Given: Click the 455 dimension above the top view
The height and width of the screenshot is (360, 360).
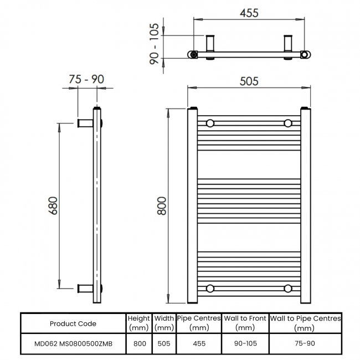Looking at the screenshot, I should tap(249, 12).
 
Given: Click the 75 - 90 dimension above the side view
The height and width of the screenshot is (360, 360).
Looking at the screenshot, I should tap(86, 80).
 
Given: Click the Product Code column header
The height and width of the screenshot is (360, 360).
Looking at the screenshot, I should tap(73, 323).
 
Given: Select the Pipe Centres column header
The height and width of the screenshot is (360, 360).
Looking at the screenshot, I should tap(199, 323).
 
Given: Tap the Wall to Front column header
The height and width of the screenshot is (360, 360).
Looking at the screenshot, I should tap(245, 323).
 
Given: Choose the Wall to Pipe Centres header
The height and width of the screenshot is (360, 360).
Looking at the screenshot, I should tap(305, 323).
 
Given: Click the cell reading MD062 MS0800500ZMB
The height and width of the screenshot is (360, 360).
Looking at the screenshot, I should tap(73, 343).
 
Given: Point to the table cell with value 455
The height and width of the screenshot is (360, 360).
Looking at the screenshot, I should tap(199, 343).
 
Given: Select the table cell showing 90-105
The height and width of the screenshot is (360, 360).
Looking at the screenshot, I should tap(245, 343).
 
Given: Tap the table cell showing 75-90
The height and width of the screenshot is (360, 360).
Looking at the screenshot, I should tap(305, 343).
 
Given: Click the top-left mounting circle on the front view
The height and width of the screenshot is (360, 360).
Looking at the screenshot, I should tap(210, 123).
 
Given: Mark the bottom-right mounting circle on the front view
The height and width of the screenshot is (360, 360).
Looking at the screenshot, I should tap(287, 288).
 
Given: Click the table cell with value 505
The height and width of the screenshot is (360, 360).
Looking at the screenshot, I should tap(164, 343).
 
